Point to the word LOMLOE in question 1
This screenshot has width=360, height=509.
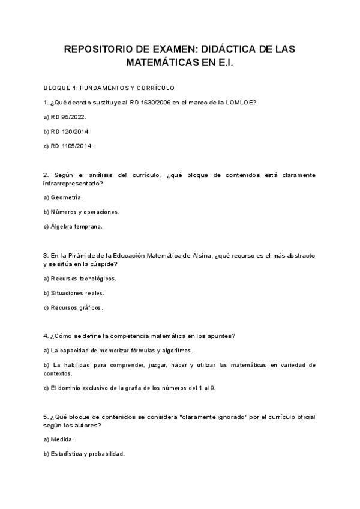[x=242, y=102]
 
